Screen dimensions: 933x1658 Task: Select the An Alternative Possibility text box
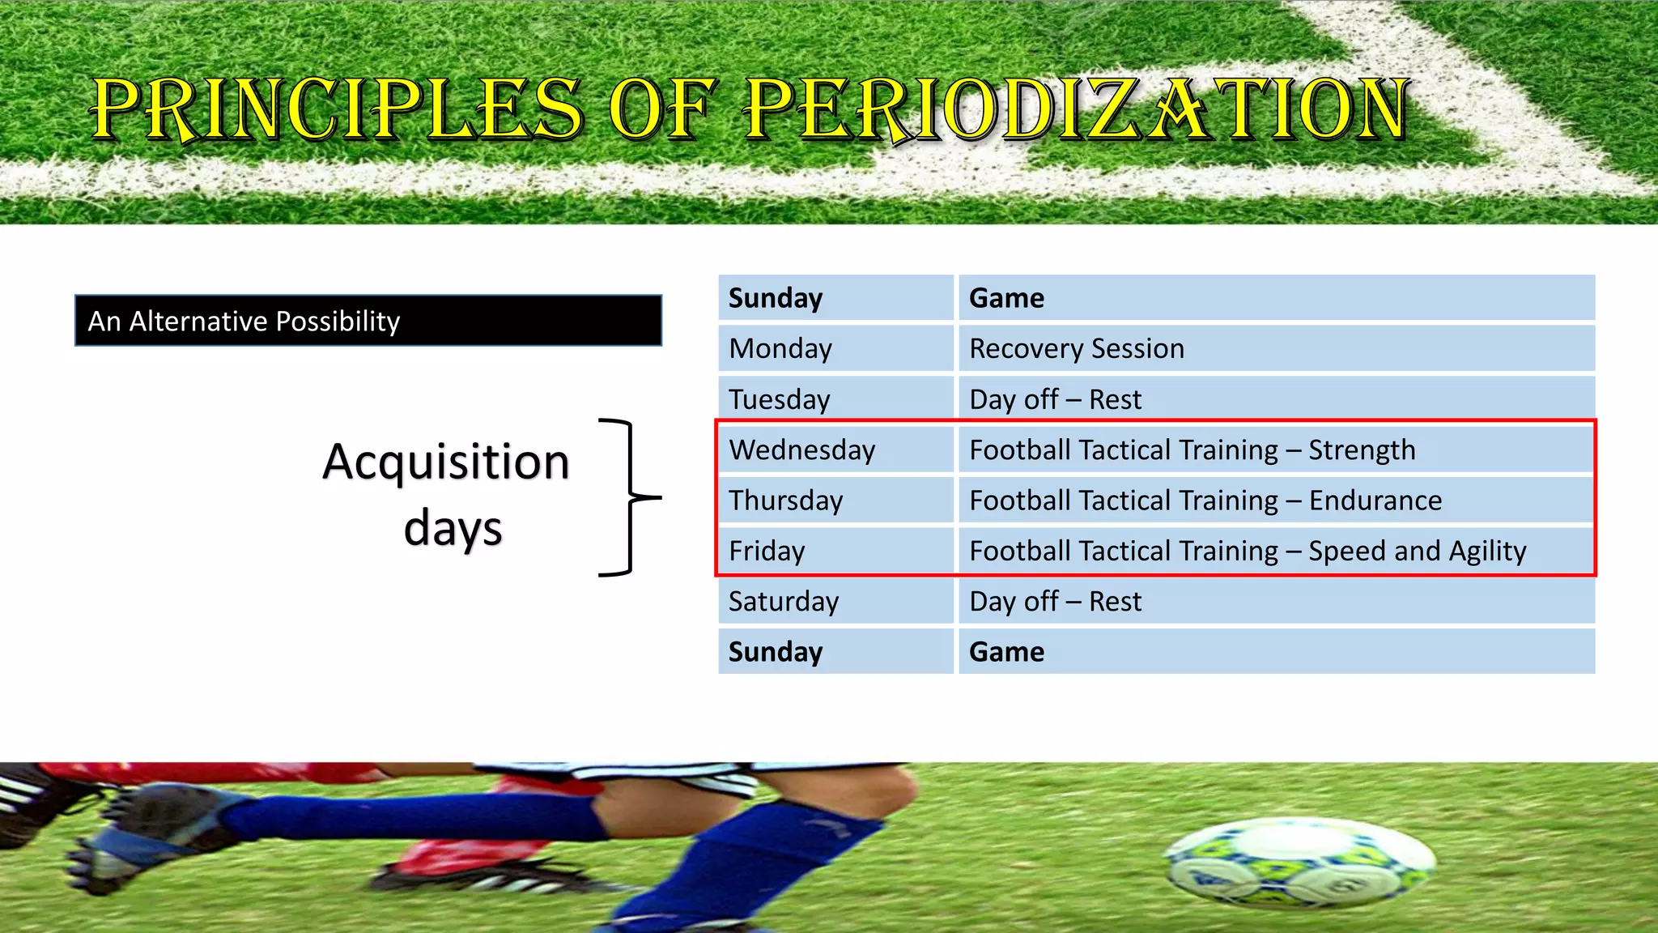tap(368, 321)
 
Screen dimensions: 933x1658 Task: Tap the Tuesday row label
tap(779, 399)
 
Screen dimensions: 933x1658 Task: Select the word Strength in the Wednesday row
tap(1362, 449)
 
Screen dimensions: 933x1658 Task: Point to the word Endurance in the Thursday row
tap(1375, 501)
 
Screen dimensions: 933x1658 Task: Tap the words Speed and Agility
tap(1417, 551)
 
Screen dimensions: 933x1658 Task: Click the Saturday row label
tap(783, 601)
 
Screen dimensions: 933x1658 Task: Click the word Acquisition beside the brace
tap(445, 462)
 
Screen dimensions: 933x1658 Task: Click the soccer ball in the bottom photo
tap(1299, 863)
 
